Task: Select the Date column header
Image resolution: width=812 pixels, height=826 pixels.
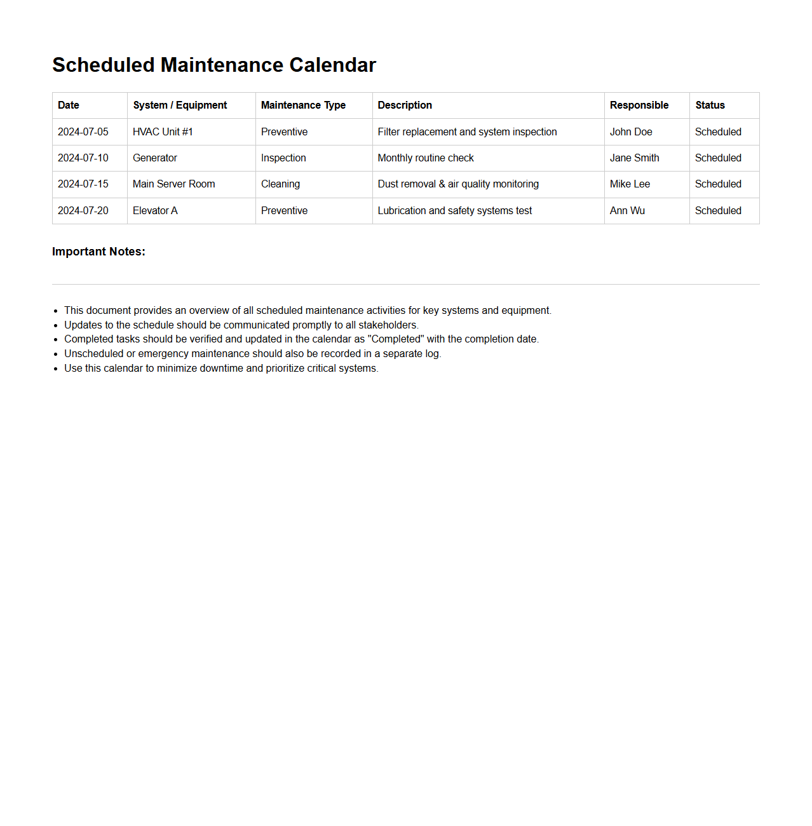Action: [69, 105]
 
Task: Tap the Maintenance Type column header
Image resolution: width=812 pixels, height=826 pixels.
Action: [303, 105]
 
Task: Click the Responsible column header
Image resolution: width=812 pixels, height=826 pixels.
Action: [639, 105]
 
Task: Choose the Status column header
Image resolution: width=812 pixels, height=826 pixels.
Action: [710, 105]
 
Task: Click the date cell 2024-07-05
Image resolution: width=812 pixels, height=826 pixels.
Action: [83, 132]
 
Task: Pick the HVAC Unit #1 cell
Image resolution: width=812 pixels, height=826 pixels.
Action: [163, 132]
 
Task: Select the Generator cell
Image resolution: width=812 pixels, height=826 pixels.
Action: [155, 158]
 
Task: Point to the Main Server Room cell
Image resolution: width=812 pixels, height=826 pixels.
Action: [173, 184]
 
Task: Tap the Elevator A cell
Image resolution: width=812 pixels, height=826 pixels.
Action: [155, 211]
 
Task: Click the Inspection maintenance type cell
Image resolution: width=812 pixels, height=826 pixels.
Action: [283, 158]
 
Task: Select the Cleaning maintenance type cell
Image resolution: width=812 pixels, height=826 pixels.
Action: [280, 184]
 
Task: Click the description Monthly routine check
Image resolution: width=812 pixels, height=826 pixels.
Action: [426, 158]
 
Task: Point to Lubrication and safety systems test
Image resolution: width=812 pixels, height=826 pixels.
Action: [455, 211]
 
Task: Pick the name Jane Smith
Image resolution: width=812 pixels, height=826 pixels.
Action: [634, 158]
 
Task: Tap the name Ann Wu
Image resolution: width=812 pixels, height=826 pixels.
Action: [627, 211]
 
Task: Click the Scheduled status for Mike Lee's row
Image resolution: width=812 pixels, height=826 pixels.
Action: [718, 184]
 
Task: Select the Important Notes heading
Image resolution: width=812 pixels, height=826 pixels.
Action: [98, 252]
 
